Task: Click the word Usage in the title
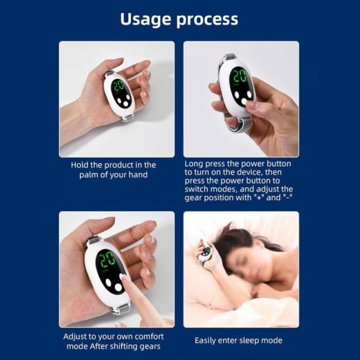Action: (146, 19)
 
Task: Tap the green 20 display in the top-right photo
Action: (239, 76)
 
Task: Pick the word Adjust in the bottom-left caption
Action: (76, 336)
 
